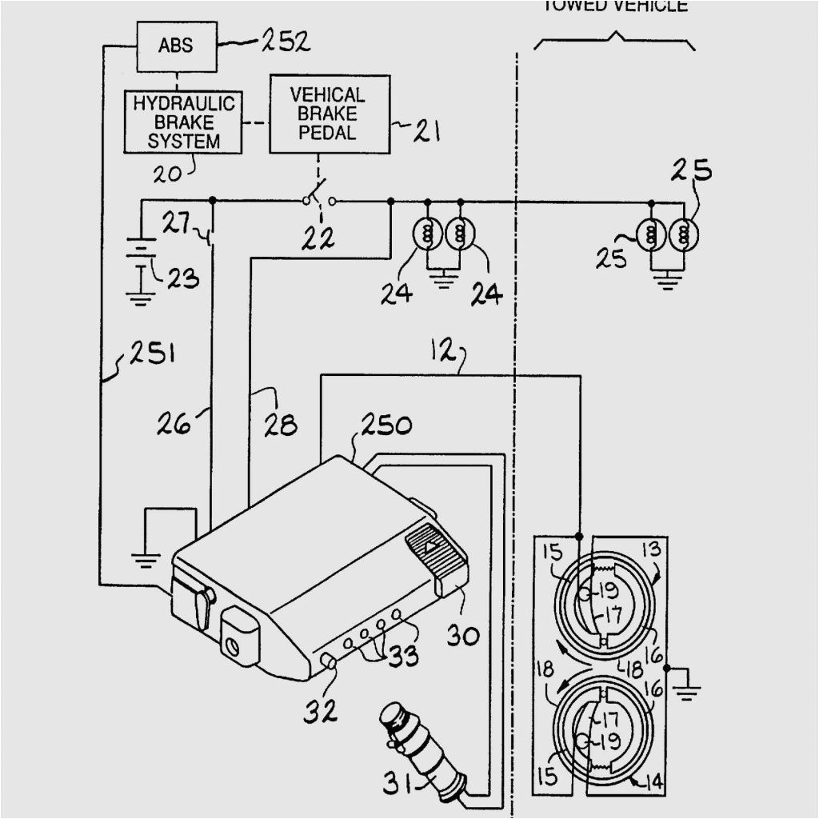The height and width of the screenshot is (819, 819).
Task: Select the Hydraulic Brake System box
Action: point(183,122)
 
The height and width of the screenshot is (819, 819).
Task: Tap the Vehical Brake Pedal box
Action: point(329,114)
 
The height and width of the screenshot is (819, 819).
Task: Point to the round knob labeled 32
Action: point(329,661)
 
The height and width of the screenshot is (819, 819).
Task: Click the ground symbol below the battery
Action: point(140,298)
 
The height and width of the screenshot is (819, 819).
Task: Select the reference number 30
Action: point(463,636)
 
